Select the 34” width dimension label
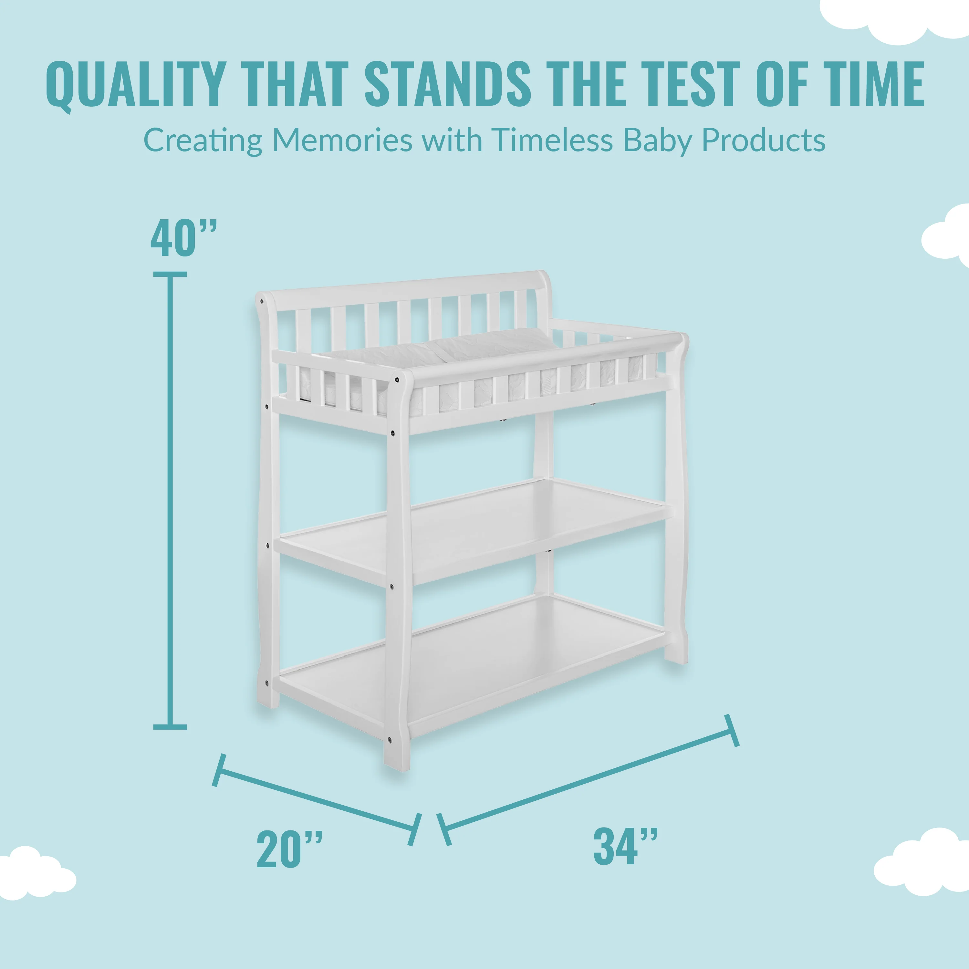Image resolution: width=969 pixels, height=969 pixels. pyautogui.click(x=625, y=846)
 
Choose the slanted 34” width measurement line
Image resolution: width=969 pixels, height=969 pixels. pyautogui.click(x=588, y=779)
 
